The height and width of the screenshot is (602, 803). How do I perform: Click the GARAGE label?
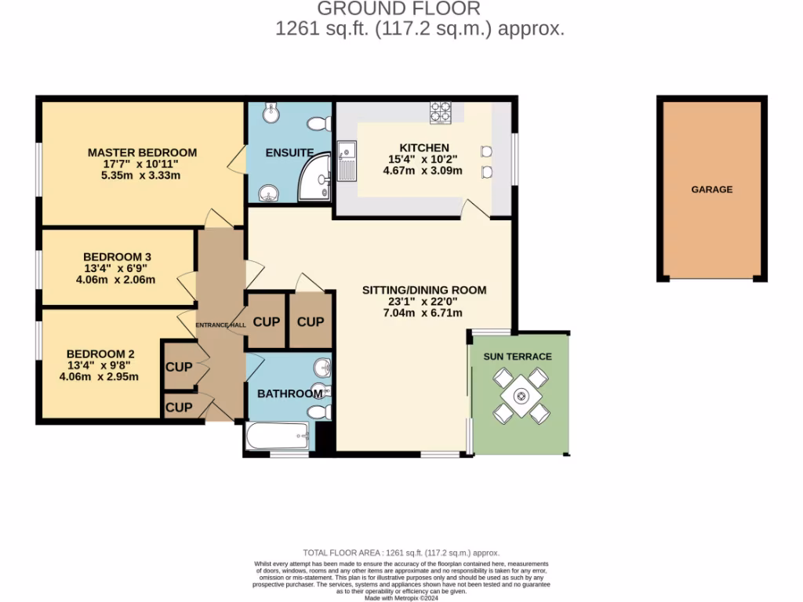pyautogui.click(x=711, y=189)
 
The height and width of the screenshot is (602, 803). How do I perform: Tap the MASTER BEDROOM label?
pyautogui.click(x=142, y=152)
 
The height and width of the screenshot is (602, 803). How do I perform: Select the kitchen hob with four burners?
pyautogui.click(x=440, y=113)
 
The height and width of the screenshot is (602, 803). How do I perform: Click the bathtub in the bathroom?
pyautogui.click(x=278, y=436)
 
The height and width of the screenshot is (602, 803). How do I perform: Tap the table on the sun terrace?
pyautogui.click(x=518, y=396)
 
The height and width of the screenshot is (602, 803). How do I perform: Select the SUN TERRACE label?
pyautogui.click(x=518, y=357)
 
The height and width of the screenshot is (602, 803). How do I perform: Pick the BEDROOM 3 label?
pyautogui.click(x=117, y=256)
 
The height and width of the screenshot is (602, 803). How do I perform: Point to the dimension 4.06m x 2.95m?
pyautogui.click(x=99, y=376)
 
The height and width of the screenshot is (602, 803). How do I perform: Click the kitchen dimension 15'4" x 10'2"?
pyautogui.click(x=424, y=159)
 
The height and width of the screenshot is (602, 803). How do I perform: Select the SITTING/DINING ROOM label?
pyautogui.click(x=423, y=290)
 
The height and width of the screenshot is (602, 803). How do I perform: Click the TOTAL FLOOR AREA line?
pyautogui.click(x=401, y=553)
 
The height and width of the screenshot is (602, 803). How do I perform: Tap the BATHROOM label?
pyautogui.click(x=290, y=393)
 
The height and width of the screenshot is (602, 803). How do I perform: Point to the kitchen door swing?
pyautogui.click(x=474, y=209)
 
